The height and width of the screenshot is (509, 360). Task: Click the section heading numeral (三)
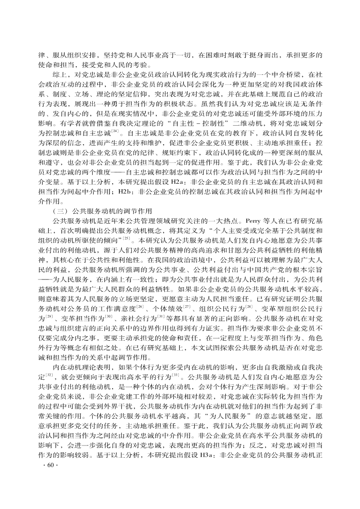click(x=59, y=212)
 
